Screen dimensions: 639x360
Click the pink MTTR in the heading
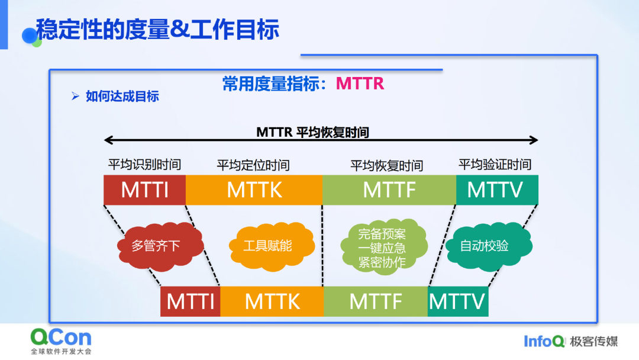pos(360,83)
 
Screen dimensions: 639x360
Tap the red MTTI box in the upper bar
pos(145,190)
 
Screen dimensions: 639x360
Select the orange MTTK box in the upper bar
pos(254,190)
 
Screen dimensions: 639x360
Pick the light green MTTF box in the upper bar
pos(389,190)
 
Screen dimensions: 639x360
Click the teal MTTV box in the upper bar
pos(497,190)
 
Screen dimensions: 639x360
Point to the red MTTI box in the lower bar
pos(191,301)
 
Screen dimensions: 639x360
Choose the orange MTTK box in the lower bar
pos(272,301)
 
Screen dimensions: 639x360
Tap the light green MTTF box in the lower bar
pos(375,301)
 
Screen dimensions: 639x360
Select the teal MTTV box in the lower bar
pos(457,301)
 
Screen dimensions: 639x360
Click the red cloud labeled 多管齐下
pos(160,246)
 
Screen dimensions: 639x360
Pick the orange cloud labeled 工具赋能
pos(272,246)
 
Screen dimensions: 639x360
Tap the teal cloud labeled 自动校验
pos(489,246)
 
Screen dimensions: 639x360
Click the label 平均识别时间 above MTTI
pos(144,165)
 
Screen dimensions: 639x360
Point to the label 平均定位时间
pos(253,165)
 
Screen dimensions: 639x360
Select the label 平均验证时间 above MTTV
pos(495,164)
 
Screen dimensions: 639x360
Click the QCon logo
pos(61,341)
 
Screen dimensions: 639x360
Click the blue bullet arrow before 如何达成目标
pos(75,97)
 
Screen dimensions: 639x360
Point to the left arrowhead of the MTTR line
pos(108,140)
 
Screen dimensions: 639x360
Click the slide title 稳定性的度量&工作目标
pos(157,30)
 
